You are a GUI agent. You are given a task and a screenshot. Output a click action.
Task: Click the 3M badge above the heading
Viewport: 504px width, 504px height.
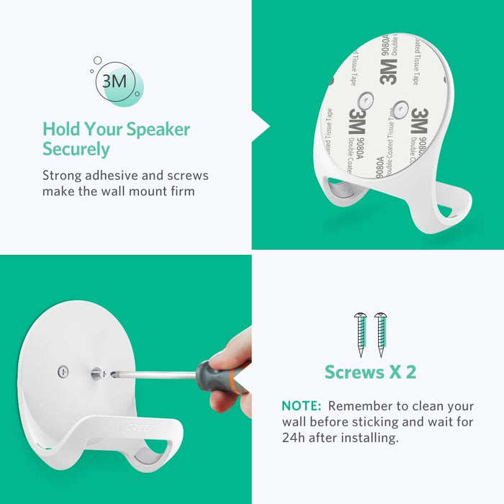click(114, 81)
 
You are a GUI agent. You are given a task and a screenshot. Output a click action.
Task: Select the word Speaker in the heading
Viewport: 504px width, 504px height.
click(158, 130)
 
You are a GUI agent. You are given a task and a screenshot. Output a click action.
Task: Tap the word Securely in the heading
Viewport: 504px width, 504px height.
click(76, 150)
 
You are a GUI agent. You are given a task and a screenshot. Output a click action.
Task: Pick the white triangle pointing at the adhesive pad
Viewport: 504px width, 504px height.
click(261, 127)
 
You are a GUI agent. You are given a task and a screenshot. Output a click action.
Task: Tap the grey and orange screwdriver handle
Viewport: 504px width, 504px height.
click(220, 376)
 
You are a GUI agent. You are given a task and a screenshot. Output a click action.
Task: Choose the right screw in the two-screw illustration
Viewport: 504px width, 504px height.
click(379, 334)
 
